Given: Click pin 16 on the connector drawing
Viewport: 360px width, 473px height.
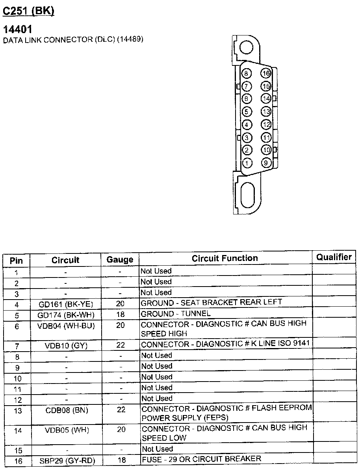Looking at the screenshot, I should coord(266,73).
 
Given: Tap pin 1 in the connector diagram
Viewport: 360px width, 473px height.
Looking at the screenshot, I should coord(247,162).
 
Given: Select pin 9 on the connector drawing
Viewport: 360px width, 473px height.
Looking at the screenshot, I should coord(266,162).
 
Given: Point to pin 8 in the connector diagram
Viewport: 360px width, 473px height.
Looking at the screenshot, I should coord(247,73).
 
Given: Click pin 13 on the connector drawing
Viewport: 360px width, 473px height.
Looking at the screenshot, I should coord(266,112).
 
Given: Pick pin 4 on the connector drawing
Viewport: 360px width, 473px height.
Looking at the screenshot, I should coord(247,125).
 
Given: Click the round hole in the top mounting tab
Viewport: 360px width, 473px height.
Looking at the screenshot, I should coord(246,48).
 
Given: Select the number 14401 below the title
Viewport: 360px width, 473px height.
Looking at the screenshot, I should coord(17,30).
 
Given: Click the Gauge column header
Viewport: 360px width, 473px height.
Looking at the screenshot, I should coord(120,260).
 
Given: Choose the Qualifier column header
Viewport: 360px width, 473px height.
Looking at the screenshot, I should coord(334,257).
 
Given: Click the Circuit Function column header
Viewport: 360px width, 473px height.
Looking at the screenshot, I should coord(225,258).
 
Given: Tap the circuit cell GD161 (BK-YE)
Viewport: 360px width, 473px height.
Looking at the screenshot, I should coord(66,304).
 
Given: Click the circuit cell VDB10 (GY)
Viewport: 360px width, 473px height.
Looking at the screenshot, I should coord(66,346).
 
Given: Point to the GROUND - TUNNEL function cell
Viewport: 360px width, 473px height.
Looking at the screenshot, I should coord(176,314).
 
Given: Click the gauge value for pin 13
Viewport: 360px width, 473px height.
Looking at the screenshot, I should coord(121,410).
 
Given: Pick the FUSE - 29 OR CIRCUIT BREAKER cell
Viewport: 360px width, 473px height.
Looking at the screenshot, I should coord(201,459).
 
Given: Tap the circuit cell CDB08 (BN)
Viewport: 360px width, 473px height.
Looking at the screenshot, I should coord(66,410).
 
